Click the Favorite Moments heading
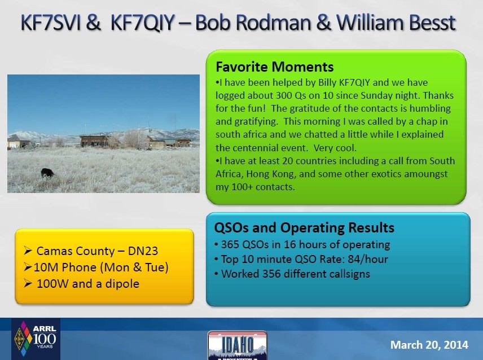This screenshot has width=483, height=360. click(274, 67)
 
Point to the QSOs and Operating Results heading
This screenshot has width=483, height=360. click(304, 228)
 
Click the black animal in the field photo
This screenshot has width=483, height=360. click(47, 173)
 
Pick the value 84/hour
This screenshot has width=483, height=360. click(368, 260)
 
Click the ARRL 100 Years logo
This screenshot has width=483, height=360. click(36, 339)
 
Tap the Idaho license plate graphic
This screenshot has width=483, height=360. click(237, 345)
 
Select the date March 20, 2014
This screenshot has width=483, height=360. click(429, 345)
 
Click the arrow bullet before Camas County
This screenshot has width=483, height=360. click(28, 251)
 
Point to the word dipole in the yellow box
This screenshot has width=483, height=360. click(122, 284)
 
